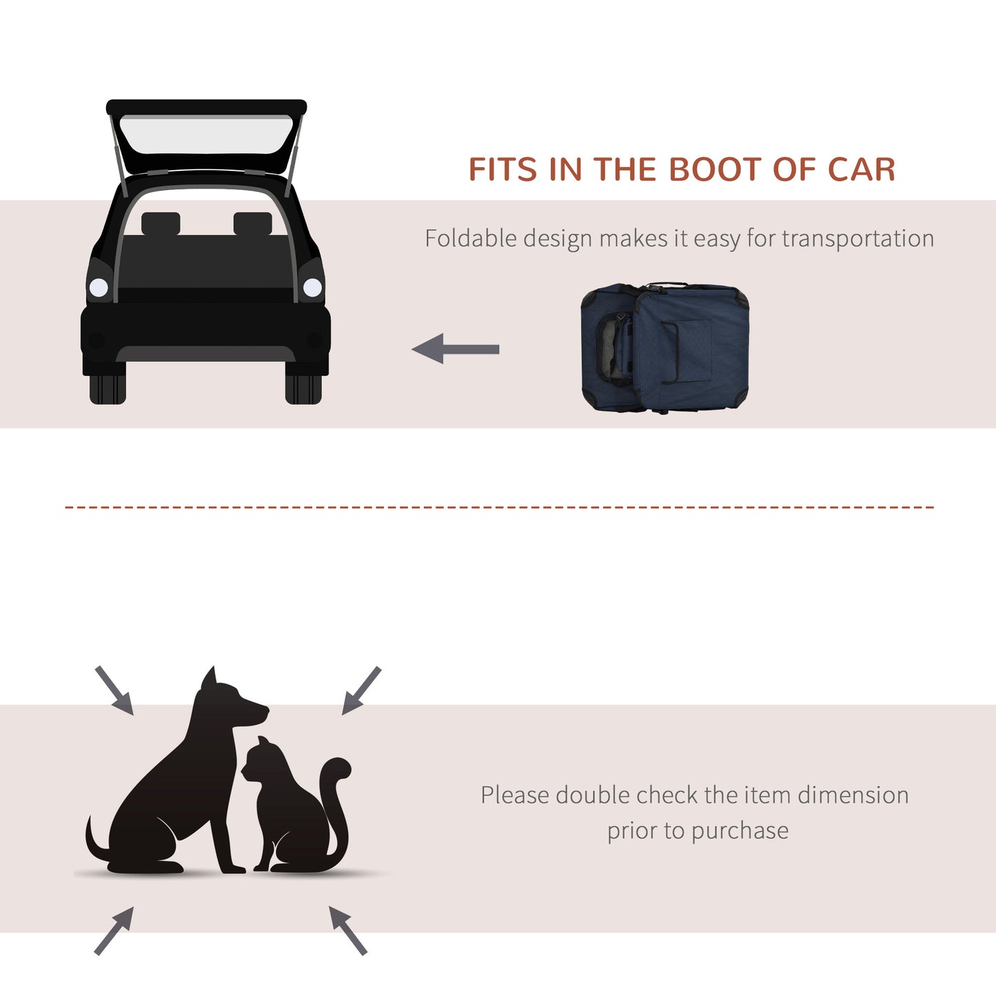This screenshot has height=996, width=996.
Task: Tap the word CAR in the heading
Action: pos(861,170)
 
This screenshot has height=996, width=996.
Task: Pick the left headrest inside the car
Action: pos(161,223)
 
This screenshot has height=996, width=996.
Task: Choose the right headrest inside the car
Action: pos(252,223)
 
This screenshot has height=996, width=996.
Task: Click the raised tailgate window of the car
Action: pos(206,134)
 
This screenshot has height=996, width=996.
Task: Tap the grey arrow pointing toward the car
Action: pos(455,349)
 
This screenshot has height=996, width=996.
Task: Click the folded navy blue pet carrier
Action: pos(664,347)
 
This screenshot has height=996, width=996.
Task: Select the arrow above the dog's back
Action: pos(114,690)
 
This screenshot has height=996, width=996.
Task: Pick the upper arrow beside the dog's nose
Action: pos(361,690)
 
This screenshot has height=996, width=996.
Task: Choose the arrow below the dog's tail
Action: pos(114,931)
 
